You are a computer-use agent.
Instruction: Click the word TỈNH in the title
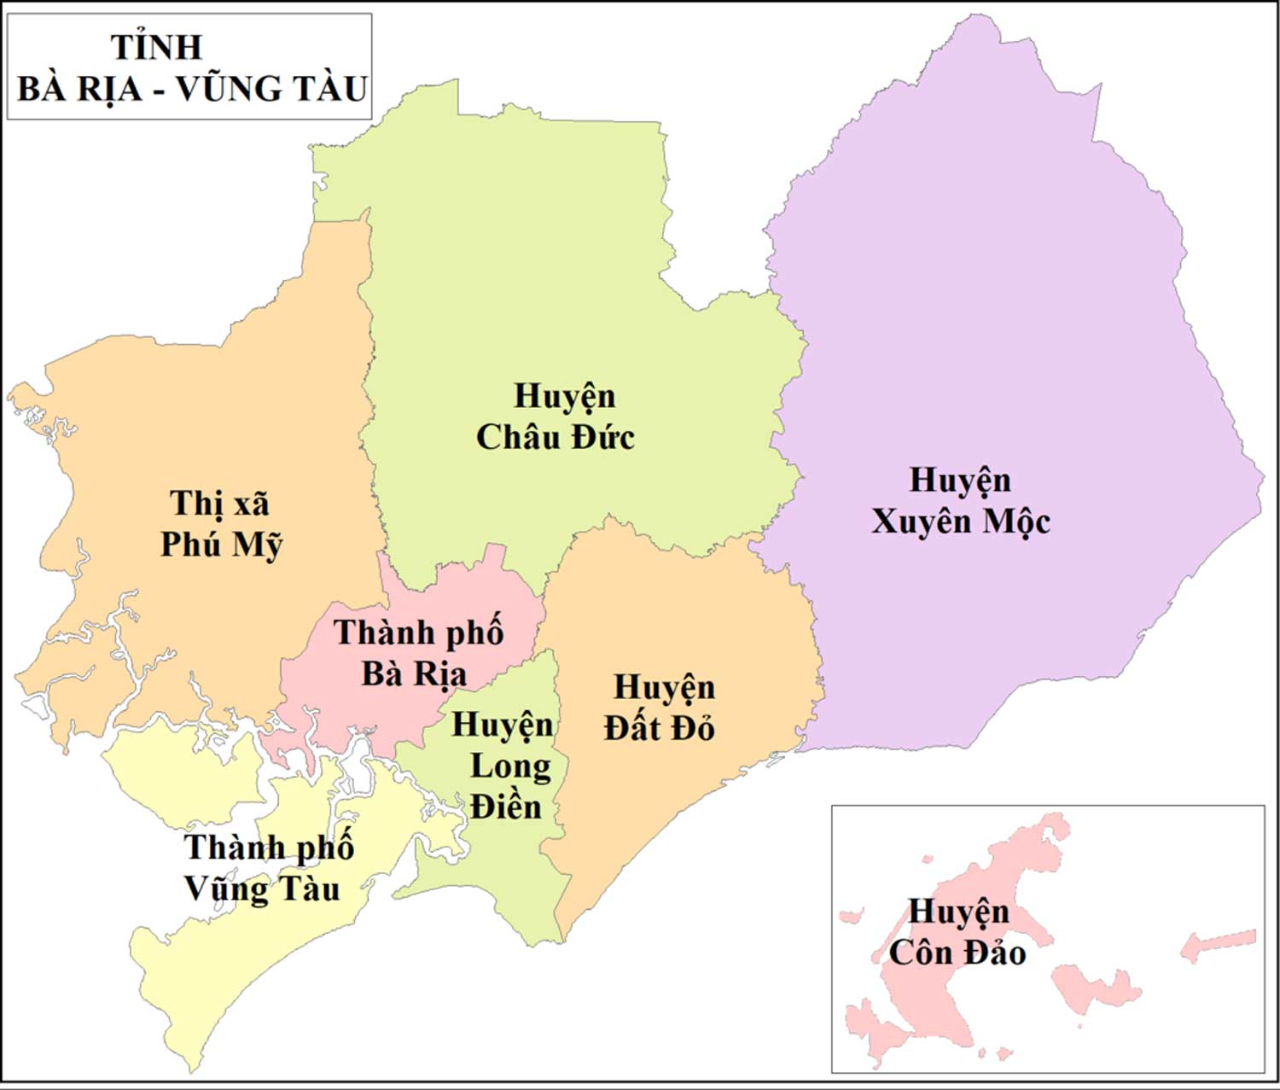(157, 47)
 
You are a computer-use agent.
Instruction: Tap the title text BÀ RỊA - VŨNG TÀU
(192, 89)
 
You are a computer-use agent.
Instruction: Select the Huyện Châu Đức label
(556, 417)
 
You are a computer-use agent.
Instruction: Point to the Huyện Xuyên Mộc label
(960, 501)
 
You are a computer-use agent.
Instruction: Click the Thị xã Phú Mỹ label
(221, 524)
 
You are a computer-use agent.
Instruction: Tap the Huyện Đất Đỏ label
(660, 708)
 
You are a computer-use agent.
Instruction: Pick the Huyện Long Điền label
(506, 766)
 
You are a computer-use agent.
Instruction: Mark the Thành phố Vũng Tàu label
(267, 868)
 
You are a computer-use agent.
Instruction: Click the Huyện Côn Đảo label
(957, 932)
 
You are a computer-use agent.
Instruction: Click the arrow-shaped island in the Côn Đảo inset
(1218, 944)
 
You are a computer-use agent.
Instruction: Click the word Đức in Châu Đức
(603, 438)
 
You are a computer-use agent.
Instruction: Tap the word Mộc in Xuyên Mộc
(1015, 522)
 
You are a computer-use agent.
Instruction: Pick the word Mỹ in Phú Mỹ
(257, 545)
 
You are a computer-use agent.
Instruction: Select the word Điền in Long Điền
(506, 807)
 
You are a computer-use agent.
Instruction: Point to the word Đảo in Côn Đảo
(994, 953)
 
